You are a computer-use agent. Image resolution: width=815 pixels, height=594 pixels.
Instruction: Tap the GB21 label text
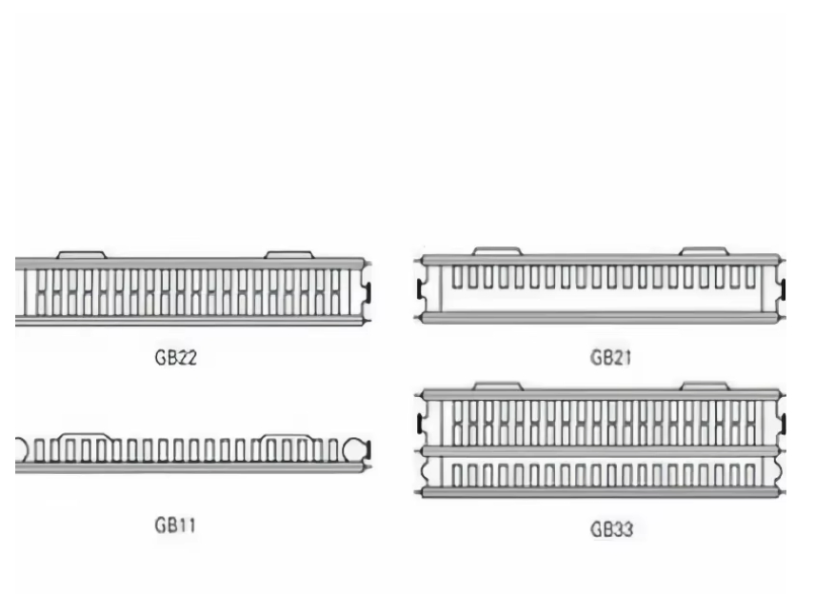[x=610, y=358]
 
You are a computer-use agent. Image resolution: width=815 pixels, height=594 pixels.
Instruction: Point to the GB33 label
[x=610, y=529]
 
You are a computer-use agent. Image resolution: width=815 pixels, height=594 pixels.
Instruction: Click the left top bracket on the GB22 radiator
[x=81, y=254]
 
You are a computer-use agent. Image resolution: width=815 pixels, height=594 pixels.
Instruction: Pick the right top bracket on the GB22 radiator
[x=288, y=254]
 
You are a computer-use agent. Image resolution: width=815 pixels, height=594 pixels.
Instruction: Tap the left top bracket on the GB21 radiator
[x=497, y=251]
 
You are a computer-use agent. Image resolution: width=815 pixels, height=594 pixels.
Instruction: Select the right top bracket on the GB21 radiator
[x=704, y=251]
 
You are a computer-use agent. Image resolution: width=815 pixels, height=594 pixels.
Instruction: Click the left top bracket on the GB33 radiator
[x=497, y=386]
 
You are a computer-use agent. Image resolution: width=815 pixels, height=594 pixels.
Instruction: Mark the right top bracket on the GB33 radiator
[x=704, y=386]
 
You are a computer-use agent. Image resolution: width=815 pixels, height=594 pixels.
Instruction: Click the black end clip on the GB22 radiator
[x=368, y=289]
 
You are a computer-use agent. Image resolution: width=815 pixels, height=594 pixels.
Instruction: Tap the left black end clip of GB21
[x=420, y=287]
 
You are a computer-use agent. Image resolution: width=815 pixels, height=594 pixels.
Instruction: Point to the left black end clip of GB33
[x=420, y=422]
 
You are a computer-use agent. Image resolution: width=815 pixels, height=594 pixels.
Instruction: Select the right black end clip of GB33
[x=783, y=422]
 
